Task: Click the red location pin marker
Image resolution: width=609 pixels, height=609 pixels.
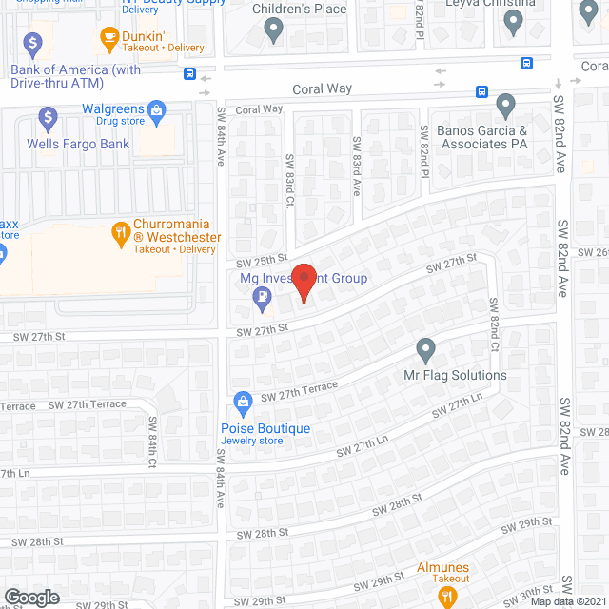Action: (x=304, y=283)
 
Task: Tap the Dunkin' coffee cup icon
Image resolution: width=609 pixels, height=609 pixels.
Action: (x=108, y=39)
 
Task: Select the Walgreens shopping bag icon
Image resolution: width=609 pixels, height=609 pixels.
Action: (x=158, y=109)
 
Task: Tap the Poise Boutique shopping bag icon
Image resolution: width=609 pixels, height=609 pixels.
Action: (x=244, y=402)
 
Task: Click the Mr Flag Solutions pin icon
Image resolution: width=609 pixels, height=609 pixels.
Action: (x=426, y=350)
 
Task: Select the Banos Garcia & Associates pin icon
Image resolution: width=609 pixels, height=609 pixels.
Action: (x=505, y=105)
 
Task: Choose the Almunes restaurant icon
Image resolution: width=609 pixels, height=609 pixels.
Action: (x=443, y=596)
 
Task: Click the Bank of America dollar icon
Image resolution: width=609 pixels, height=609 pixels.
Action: (x=34, y=43)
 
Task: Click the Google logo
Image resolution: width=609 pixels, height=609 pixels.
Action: (x=30, y=597)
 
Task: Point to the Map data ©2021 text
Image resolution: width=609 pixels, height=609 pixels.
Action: (x=567, y=601)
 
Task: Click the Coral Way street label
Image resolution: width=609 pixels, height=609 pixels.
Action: (x=322, y=88)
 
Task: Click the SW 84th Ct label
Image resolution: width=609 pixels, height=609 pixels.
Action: (x=152, y=439)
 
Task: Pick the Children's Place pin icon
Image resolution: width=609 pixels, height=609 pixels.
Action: (x=275, y=31)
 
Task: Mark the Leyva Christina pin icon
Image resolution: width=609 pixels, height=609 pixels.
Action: (x=515, y=24)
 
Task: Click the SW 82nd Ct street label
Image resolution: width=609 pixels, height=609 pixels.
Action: (x=494, y=324)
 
